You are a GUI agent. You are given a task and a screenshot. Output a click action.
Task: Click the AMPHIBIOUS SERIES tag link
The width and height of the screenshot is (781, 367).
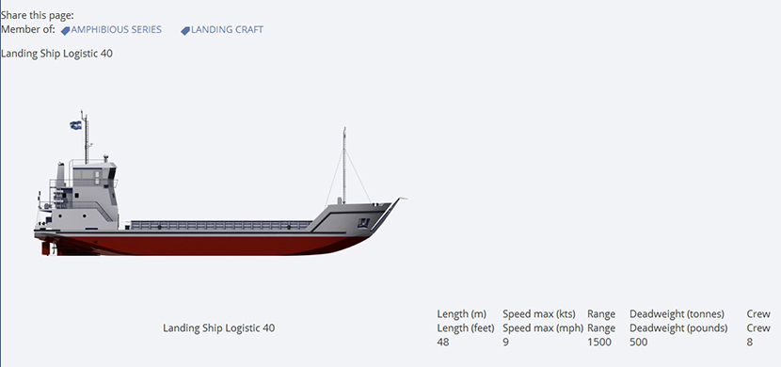(x=111, y=30)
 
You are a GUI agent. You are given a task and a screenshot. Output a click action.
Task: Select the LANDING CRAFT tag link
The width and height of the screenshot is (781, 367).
(x=222, y=30)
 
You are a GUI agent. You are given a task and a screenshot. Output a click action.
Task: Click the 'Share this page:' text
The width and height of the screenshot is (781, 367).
(x=38, y=15)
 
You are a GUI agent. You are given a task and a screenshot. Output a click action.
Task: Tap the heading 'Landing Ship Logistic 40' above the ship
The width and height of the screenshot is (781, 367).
(x=56, y=54)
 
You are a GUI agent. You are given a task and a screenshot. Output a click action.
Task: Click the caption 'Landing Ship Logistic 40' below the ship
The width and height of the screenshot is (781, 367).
(x=218, y=328)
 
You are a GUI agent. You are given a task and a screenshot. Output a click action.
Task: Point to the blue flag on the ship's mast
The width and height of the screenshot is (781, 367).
(x=75, y=125)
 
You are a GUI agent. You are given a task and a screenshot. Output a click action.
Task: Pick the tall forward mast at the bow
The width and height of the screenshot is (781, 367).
(x=343, y=166)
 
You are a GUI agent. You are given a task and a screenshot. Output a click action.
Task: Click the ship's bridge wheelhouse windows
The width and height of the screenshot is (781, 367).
(x=88, y=174)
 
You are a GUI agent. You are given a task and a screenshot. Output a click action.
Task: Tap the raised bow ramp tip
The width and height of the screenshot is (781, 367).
(x=403, y=199)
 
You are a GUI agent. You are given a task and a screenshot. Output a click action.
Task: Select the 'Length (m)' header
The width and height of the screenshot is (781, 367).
(x=462, y=314)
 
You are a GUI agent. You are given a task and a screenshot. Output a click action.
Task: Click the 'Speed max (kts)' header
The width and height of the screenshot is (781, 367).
(x=539, y=314)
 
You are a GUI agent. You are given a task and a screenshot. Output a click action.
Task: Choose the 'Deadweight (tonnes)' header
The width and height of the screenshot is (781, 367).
(x=677, y=314)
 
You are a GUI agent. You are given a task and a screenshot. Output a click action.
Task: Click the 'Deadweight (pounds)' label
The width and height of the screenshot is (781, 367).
(x=678, y=328)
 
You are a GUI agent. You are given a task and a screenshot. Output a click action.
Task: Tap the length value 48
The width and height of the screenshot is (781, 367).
(x=443, y=343)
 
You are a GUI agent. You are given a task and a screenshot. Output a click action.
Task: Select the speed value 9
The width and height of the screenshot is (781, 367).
(x=505, y=343)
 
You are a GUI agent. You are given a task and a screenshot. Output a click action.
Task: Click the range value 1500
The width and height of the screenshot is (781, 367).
(x=599, y=343)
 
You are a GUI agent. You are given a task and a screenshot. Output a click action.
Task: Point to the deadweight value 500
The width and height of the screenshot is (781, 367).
(x=639, y=343)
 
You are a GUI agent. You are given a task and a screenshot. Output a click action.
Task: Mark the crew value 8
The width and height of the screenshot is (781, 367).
(x=750, y=343)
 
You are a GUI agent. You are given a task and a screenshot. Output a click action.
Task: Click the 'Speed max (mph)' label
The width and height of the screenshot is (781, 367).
(x=543, y=328)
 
